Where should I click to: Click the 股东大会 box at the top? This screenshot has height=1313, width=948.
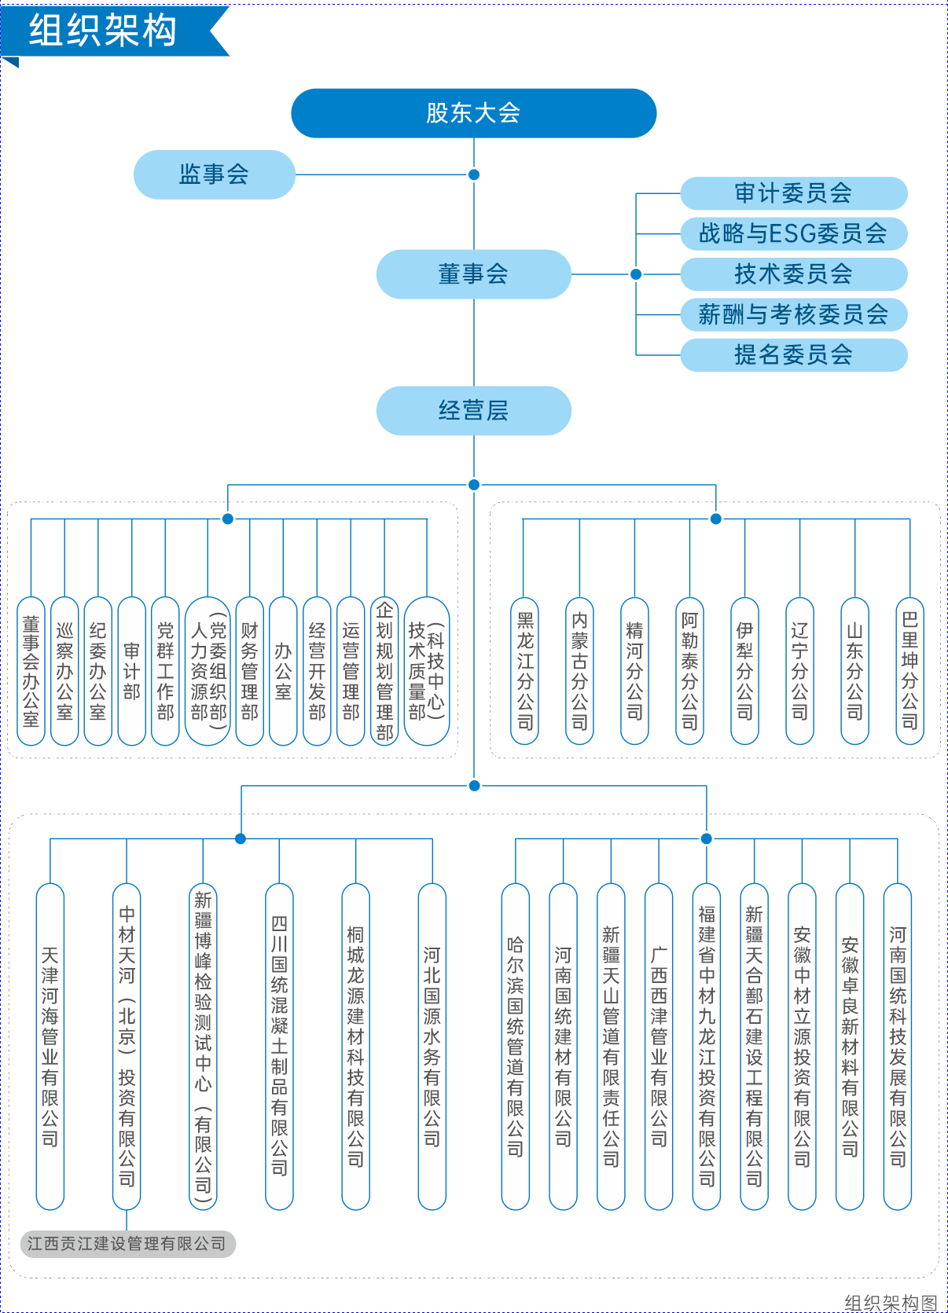pos(473,113)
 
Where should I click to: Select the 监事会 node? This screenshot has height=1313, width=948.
pos(214,174)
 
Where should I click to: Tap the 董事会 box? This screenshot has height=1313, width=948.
pos(473,274)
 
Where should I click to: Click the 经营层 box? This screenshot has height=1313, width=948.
pos(473,410)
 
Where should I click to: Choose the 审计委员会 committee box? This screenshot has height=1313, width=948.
pos(793,193)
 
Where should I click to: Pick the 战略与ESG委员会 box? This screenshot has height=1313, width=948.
pos(793,233)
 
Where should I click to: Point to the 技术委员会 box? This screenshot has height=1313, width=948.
pos(793,274)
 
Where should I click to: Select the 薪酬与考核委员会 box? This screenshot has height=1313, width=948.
pos(793,314)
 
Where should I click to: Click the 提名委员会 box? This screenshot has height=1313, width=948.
pos(793,355)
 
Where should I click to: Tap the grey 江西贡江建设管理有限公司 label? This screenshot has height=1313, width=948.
pos(127,1244)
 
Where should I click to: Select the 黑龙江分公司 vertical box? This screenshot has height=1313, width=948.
pos(524,671)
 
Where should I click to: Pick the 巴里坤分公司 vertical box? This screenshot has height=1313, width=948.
pos(909,671)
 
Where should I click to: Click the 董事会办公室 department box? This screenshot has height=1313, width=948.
pos(31,671)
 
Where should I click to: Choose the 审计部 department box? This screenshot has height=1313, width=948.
pos(132,671)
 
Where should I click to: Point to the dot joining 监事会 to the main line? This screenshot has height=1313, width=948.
pos(474,174)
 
